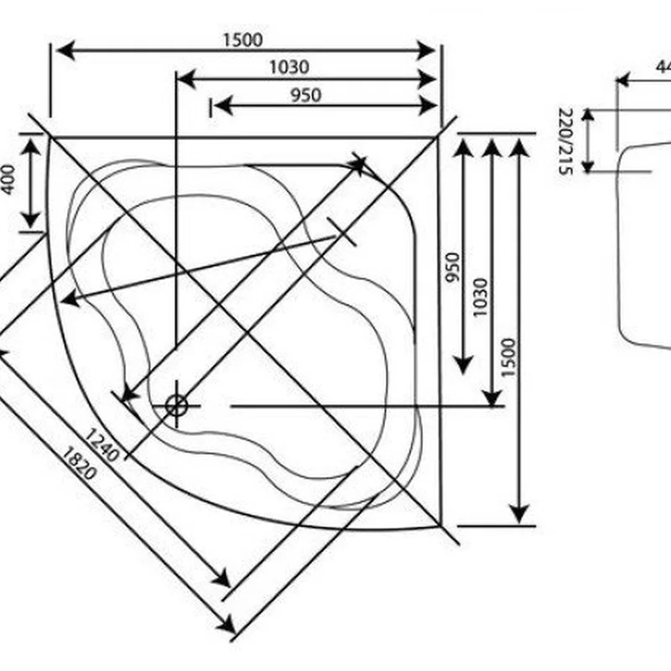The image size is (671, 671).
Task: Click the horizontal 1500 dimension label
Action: coord(242,39)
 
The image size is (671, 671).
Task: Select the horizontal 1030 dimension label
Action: coord(289,67)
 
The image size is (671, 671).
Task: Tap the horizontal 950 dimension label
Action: coord(305,95)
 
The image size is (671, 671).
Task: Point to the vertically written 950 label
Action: coord(454,267)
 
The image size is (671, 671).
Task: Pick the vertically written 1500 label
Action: coord(509,356)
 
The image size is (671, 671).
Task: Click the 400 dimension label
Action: coord(8,179)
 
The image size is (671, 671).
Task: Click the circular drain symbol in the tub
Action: coord(176,406)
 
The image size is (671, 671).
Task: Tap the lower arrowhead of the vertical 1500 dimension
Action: coord(520,511)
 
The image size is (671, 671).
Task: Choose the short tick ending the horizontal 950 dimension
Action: coord(210,106)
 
